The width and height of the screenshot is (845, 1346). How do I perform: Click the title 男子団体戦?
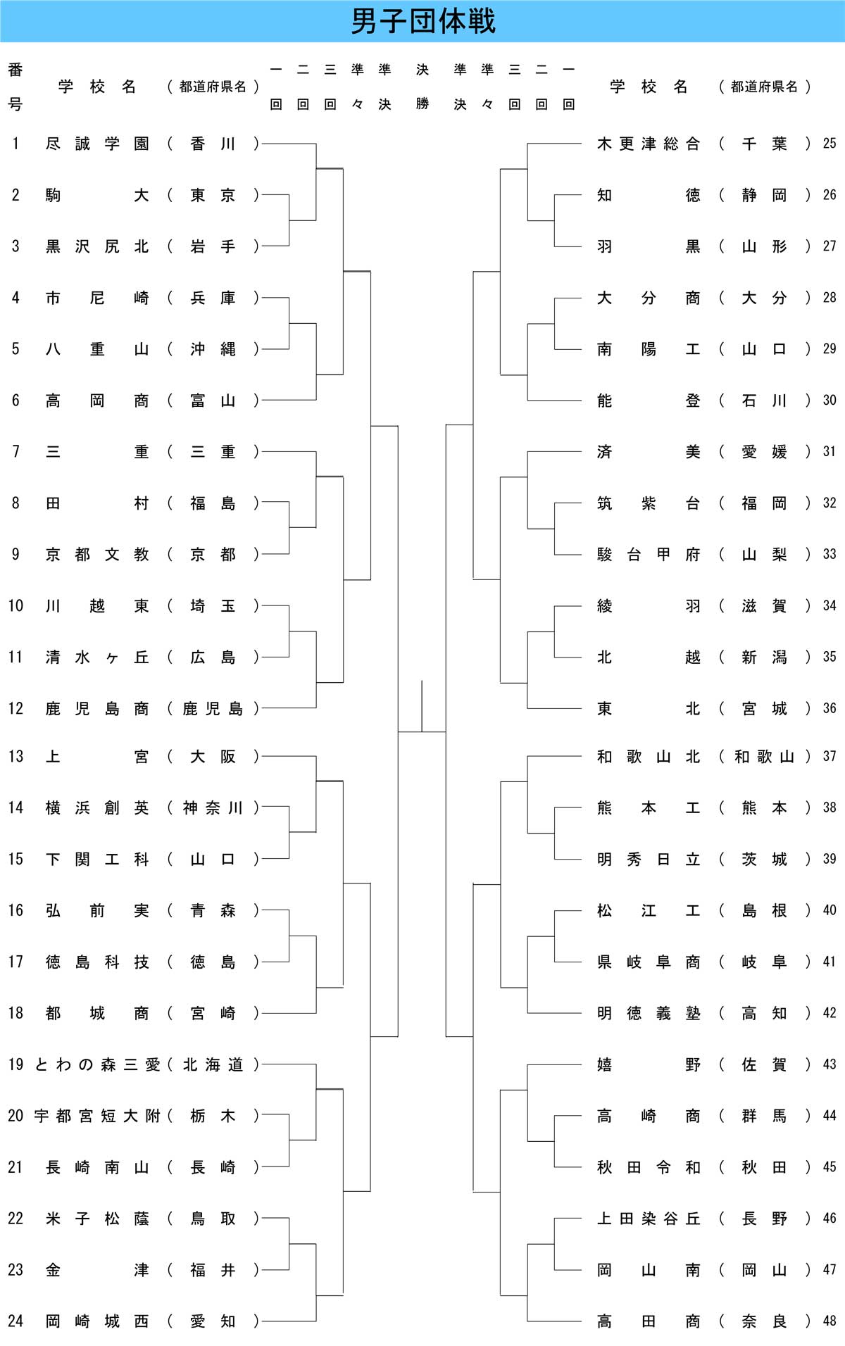(423, 21)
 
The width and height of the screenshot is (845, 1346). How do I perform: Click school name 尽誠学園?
(97, 144)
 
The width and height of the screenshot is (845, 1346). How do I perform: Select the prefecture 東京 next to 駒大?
(213, 196)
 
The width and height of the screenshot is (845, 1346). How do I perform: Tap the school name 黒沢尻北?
(97, 246)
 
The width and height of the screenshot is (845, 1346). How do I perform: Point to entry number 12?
(15, 708)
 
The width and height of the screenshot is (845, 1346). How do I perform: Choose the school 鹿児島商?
(97, 709)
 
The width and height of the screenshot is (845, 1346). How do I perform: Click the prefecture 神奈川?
(213, 808)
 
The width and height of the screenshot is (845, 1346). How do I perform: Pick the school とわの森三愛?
(97, 1064)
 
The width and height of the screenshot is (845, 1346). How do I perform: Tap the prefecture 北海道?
(213, 1064)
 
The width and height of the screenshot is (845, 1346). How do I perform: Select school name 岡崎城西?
(97, 1321)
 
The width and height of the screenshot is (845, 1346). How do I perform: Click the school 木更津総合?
(649, 144)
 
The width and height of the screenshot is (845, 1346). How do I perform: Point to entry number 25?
(830, 144)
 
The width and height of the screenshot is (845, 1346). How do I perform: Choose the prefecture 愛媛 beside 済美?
(764, 452)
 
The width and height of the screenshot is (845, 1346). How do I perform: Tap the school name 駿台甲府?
(649, 555)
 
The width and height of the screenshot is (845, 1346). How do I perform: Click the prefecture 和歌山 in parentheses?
(764, 757)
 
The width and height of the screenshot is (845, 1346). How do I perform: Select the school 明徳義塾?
(649, 1013)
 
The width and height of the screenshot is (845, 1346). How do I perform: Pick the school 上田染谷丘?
(649, 1219)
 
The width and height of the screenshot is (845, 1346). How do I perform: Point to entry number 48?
(830, 1321)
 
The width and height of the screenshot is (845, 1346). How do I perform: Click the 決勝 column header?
(423, 87)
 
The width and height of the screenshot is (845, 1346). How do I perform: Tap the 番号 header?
(15, 87)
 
